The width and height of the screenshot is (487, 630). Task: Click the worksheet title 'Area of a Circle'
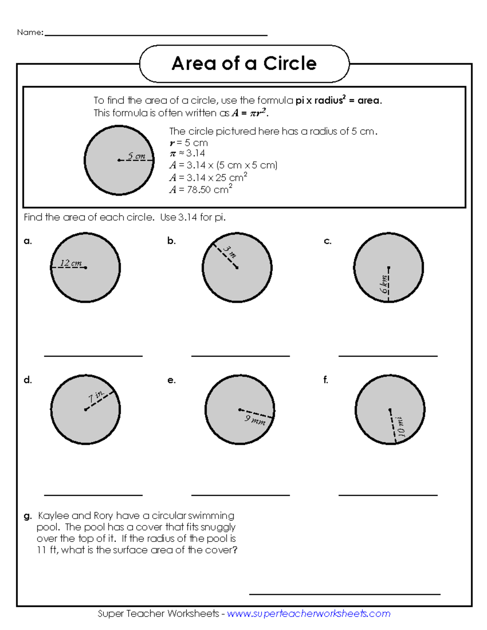point(244,64)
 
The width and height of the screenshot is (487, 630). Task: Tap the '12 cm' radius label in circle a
point(71,263)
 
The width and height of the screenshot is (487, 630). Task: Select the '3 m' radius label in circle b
point(229,252)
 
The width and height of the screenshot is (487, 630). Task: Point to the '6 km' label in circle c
point(384,284)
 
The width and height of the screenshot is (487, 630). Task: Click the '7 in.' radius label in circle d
point(97,396)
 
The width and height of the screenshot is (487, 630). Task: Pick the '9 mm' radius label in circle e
point(255,420)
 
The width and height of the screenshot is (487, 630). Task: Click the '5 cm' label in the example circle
point(136,156)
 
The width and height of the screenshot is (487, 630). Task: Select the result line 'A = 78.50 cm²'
point(201,189)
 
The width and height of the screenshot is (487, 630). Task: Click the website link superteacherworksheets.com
point(308,613)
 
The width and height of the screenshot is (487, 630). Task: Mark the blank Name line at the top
point(156,35)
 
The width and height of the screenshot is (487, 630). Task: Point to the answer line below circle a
point(93,356)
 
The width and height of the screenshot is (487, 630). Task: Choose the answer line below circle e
point(240,495)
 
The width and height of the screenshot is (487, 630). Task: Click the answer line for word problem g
point(345,594)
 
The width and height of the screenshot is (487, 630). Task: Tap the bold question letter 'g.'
point(28,516)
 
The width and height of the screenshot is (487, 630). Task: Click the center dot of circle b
point(237,268)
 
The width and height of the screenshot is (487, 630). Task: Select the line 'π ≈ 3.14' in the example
point(187,153)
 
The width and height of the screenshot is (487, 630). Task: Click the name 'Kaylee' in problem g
point(53,516)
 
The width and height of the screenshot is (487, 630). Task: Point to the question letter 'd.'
point(28,380)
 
